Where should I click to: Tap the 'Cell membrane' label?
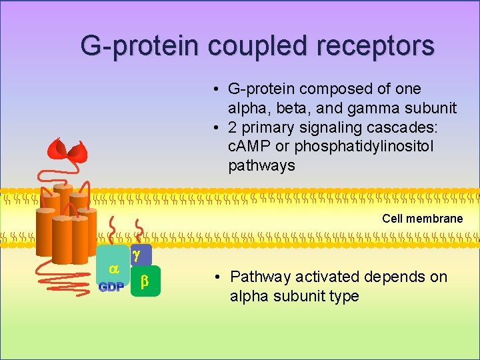(422, 219)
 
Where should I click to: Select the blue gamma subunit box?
(139, 255)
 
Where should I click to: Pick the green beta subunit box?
(145, 282)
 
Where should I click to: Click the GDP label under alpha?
(111, 288)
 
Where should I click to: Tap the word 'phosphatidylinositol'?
(364, 146)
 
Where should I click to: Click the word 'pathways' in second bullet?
(261, 165)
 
